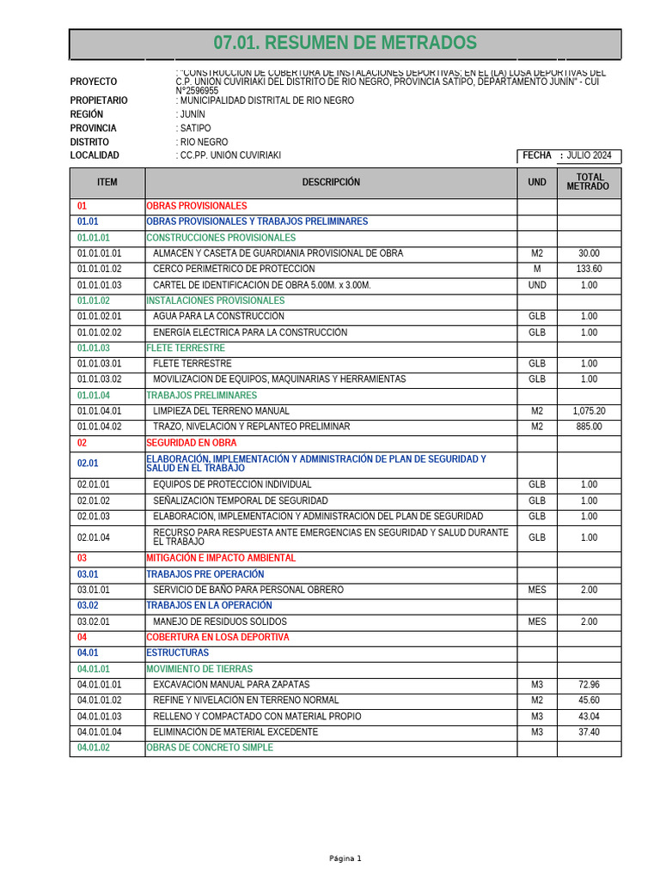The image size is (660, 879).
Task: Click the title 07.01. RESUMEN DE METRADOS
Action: tap(345, 44)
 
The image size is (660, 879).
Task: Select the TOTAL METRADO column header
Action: tap(589, 182)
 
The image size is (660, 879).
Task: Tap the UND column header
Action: tap(536, 182)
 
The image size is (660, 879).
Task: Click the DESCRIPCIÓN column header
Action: tap(331, 182)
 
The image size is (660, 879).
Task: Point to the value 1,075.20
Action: tap(589, 411)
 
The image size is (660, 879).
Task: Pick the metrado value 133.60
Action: tap(589, 270)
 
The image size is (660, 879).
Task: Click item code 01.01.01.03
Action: tap(100, 285)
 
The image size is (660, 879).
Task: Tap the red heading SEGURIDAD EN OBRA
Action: tap(191, 443)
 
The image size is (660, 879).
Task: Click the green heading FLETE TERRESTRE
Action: tap(186, 349)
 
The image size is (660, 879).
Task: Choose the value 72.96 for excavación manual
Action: tap(589, 685)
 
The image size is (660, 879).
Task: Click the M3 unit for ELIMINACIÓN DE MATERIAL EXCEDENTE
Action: tap(536, 732)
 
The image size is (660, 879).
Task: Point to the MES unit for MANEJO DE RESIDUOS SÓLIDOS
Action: tap(536, 621)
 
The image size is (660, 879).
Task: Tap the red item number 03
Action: tap(82, 558)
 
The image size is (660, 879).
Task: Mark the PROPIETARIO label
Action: tap(98, 100)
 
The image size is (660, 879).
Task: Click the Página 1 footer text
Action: tap(345, 858)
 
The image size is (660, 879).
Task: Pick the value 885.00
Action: tap(589, 427)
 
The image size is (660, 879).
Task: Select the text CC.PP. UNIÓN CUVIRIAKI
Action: tap(230, 155)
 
